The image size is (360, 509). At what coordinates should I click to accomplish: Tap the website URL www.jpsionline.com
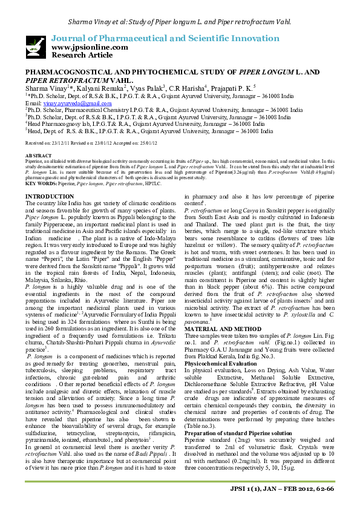click(90, 47)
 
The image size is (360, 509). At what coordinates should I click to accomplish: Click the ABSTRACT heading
click(38, 156)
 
